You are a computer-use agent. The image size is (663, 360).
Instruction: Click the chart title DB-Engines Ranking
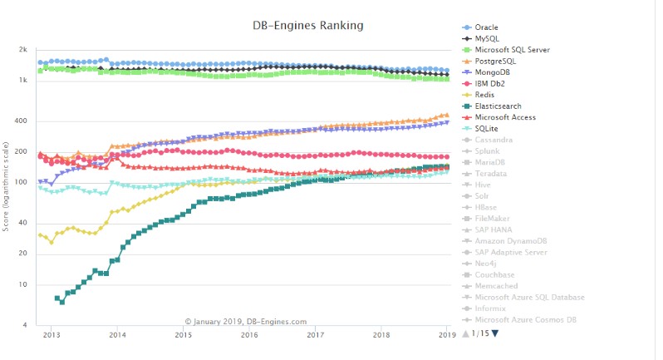pyautogui.click(x=307, y=26)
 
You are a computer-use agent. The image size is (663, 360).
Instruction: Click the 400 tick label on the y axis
pyautogui.click(x=22, y=121)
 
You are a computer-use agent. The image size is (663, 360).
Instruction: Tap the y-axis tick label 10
pyautogui.click(x=23, y=285)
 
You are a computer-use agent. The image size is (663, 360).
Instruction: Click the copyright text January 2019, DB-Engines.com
pyautogui.click(x=246, y=321)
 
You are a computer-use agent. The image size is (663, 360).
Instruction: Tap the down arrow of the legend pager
pyautogui.click(x=496, y=333)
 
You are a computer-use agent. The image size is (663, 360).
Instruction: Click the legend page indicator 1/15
pyautogui.click(x=481, y=333)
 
